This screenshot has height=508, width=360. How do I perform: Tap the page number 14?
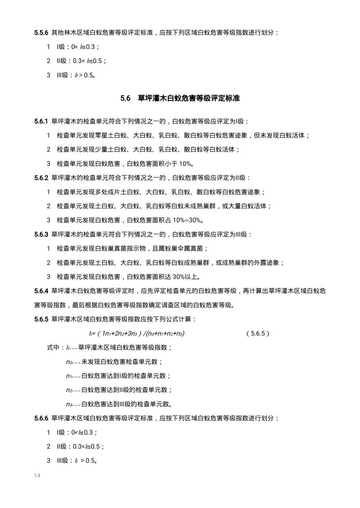point(37,475)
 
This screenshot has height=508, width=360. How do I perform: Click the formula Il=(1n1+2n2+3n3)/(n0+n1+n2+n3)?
point(137,334)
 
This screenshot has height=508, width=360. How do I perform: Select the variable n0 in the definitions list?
point(69,362)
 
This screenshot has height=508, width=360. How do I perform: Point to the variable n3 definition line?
point(119,404)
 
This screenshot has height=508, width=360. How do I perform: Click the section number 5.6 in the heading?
point(125,98)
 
